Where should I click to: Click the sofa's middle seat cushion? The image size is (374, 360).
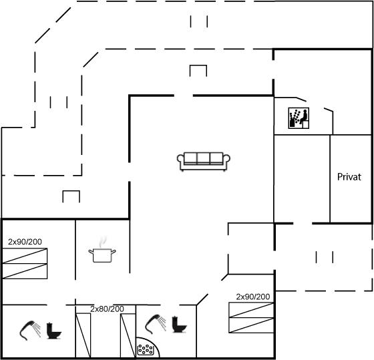(x=203, y=158)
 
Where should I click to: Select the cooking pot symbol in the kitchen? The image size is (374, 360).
(x=102, y=255)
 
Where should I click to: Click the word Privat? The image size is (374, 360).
(x=349, y=177)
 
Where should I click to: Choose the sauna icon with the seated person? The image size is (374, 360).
(x=299, y=118)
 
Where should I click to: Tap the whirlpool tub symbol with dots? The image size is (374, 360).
(x=146, y=350)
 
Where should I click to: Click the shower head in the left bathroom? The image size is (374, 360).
(x=30, y=331)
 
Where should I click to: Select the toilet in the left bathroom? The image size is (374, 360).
(x=54, y=331)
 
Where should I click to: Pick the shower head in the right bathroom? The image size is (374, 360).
(x=156, y=324)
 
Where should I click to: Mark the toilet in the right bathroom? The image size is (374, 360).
(x=180, y=324)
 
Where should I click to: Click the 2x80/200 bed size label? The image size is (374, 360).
(x=107, y=309)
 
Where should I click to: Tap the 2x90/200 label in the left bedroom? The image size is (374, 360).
(x=25, y=242)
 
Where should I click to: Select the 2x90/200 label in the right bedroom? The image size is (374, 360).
(x=253, y=297)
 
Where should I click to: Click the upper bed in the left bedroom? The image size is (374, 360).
(x=25, y=256)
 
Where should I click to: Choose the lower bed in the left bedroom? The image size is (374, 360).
(x=25, y=271)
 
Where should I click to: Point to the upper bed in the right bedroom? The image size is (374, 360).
(x=251, y=310)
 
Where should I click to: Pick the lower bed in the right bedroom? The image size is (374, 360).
(x=251, y=325)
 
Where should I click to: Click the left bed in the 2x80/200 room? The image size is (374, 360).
(x=83, y=335)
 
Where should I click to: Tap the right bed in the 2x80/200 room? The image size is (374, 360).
(x=128, y=335)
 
